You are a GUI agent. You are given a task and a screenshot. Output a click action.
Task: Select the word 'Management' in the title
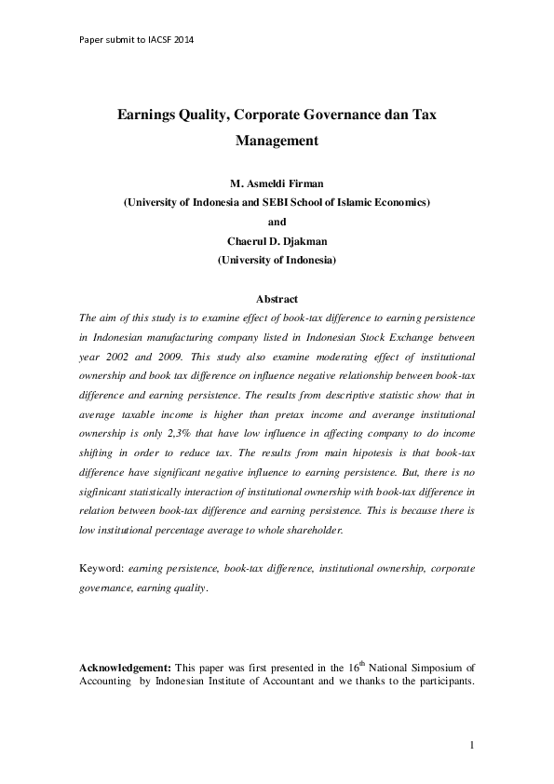tap(277, 142)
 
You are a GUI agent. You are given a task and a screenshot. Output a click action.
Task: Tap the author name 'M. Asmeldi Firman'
tap(277, 182)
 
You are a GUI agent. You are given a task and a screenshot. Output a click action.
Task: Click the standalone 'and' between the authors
tap(277, 222)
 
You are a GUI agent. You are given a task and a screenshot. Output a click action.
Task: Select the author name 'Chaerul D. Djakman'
tap(277, 241)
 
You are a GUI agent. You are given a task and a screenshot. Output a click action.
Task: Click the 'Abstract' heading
tap(277, 299)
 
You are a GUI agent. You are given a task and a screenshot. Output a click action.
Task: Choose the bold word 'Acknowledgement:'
tap(125, 669)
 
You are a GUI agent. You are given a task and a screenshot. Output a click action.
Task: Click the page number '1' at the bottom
tap(472, 744)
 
